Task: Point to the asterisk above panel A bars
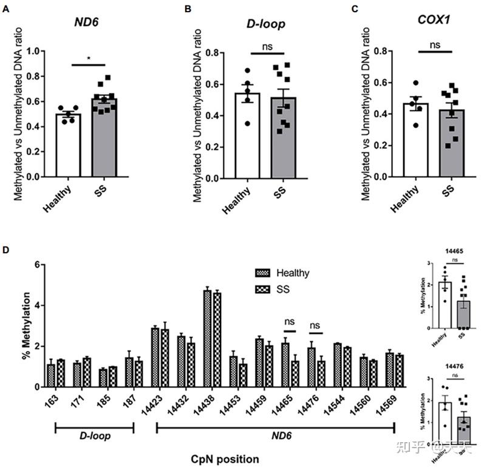click(x=89, y=59)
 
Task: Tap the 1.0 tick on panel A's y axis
click(x=41, y=51)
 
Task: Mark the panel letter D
click(x=6, y=250)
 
